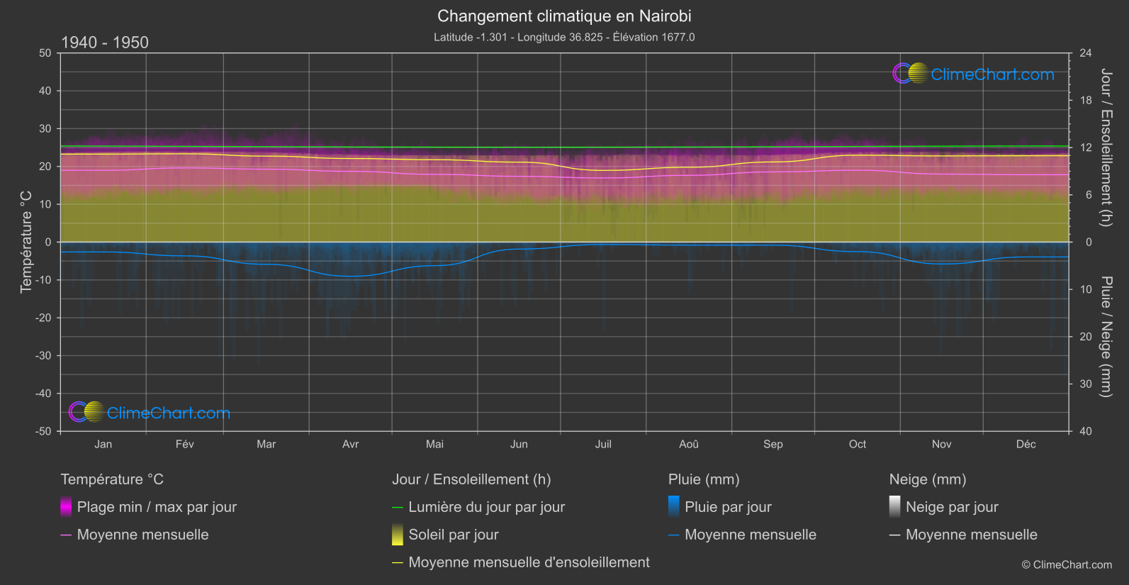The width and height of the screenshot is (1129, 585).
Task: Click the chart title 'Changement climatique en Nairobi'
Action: (x=564, y=16)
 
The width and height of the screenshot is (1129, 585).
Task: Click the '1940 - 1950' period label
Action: (x=105, y=43)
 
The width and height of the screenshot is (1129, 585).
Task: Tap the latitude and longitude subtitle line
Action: (x=564, y=37)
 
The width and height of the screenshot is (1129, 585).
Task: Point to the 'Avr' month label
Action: (x=350, y=444)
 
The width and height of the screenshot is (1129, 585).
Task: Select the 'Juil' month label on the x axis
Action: (x=603, y=444)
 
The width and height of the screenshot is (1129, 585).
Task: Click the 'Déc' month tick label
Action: (x=1026, y=444)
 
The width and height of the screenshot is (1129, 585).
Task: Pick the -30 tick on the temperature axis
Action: (x=44, y=355)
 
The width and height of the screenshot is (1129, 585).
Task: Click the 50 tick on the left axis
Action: (x=45, y=53)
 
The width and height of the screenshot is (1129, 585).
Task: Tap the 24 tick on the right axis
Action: (x=1085, y=53)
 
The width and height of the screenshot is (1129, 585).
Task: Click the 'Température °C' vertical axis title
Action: (x=26, y=241)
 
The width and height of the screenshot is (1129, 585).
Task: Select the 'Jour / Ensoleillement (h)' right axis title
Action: (x=1106, y=147)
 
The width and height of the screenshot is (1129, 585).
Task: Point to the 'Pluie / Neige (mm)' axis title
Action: (x=1106, y=336)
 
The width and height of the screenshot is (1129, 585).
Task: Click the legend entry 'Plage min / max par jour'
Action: (x=157, y=507)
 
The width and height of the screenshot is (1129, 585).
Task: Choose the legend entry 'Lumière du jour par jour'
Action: (x=486, y=507)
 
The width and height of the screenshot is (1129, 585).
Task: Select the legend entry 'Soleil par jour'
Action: (x=453, y=535)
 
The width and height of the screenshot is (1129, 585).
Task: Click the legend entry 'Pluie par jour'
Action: (x=728, y=507)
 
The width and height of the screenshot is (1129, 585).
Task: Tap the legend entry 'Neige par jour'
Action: (x=951, y=507)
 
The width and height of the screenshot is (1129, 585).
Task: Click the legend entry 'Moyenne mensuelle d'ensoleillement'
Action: (x=529, y=562)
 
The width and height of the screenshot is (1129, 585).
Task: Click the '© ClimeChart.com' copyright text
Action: (x=1067, y=564)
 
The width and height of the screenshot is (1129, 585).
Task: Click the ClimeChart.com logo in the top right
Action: (x=973, y=74)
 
